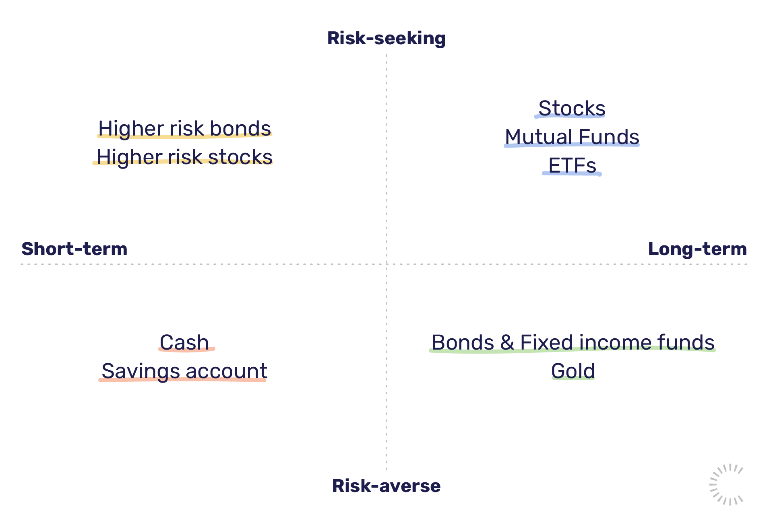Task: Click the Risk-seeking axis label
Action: pyautogui.click(x=386, y=39)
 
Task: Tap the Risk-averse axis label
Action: pyautogui.click(x=386, y=486)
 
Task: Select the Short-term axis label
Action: pyautogui.click(x=74, y=249)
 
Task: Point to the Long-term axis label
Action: pyautogui.click(x=697, y=249)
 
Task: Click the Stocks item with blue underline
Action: pyautogui.click(x=572, y=108)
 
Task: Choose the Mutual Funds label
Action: pyautogui.click(x=572, y=137)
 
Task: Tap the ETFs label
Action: pyautogui.click(x=572, y=165)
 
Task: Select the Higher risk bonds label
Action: pyautogui.click(x=185, y=128)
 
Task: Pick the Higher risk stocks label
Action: pyautogui.click(x=184, y=157)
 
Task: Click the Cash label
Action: pyautogui.click(x=185, y=342)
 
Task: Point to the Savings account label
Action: pyautogui.click(x=184, y=371)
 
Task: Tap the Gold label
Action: pyautogui.click(x=573, y=371)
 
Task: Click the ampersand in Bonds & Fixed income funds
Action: pyautogui.click(x=507, y=342)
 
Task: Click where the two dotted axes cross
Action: pyautogui.click(x=386, y=264)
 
